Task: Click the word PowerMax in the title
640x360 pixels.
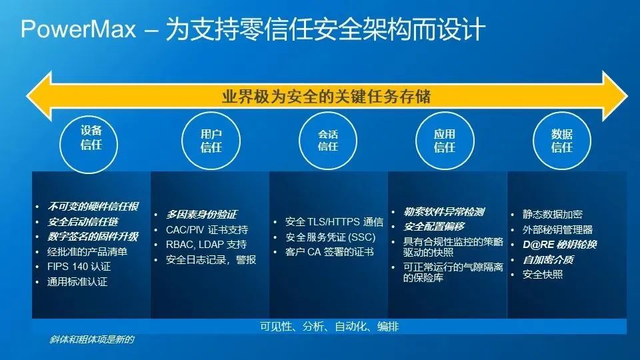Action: [78, 29]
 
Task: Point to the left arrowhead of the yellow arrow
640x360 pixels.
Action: [39, 96]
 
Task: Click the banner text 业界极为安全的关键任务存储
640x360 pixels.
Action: [326, 97]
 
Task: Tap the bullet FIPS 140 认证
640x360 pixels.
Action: [79, 267]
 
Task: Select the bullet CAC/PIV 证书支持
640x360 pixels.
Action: [207, 230]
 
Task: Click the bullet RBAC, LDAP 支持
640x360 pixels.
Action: [206, 245]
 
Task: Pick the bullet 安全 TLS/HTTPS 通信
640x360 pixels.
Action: [334, 221]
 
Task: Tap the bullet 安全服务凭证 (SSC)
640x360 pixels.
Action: [330, 237]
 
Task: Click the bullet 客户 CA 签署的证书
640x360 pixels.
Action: [329, 252]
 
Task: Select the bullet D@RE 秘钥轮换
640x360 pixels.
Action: [559, 245]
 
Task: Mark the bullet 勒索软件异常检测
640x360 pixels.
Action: [444, 211]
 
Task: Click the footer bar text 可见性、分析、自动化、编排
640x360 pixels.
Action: [329, 327]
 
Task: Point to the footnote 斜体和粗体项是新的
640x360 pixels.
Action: [91, 339]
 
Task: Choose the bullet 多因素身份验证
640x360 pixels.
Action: [201, 214]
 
